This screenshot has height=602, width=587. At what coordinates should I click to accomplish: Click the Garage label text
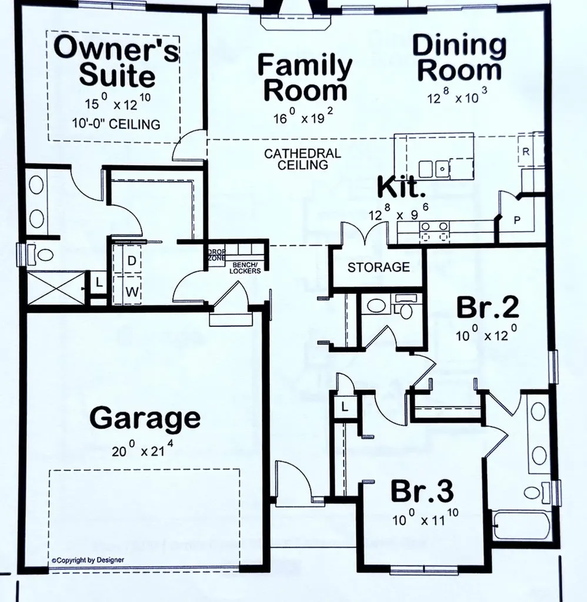pyautogui.click(x=145, y=419)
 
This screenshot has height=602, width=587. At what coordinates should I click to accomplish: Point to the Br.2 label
pyautogui.click(x=488, y=307)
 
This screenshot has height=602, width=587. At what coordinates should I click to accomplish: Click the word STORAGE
pyautogui.click(x=378, y=267)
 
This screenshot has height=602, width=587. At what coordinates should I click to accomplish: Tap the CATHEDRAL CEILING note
pyautogui.click(x=302, y=159)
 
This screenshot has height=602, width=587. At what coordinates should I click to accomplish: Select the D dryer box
pyautogui.click(x=132, y=260)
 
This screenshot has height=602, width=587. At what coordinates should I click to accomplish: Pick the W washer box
pyautogui.click(x=132, y=291)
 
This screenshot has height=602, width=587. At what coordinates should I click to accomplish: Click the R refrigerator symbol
pyautogui.click(x=525, y=151)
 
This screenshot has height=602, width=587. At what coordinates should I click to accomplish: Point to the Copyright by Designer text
pyautogui.click(x=88, y=560)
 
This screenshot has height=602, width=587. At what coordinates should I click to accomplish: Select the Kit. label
pyautogui.click(x=401, y=189)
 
